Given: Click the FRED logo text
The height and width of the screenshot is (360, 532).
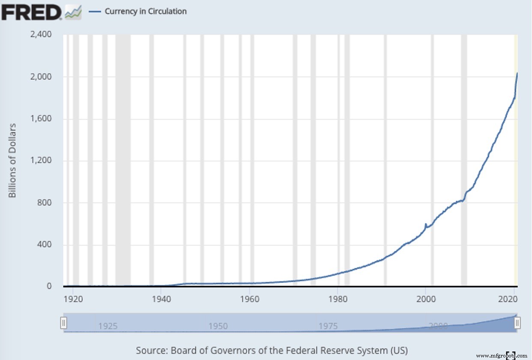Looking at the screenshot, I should pyautogui.click(x=32, y=12).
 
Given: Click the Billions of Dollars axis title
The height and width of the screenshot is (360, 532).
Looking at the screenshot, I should pyautogui.click(x=12, y=161).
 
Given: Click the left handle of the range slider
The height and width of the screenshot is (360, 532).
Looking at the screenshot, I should pyautogui.click(x=63, y=323).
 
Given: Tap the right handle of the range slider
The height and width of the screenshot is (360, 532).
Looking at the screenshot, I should pyautogui.click(x=517, y=323).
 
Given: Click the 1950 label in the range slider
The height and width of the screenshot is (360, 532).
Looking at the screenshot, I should pyautogui.click(x=218, y=326).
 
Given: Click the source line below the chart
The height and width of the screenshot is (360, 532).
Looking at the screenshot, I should pyautogui.click(x=272, y=350).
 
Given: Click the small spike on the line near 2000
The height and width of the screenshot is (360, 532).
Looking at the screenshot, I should pyautogui.click(x=425, y=224).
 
